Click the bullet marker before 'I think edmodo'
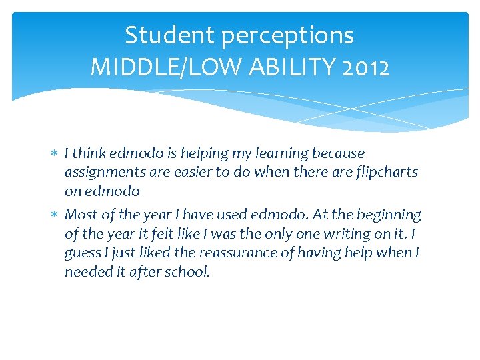click(x=55, y=154)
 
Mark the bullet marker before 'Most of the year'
click(x=55, y=215)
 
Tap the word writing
click(x=333, y=234)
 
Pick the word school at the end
click(x=189, y=272)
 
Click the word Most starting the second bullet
click(x=80, y=215)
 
